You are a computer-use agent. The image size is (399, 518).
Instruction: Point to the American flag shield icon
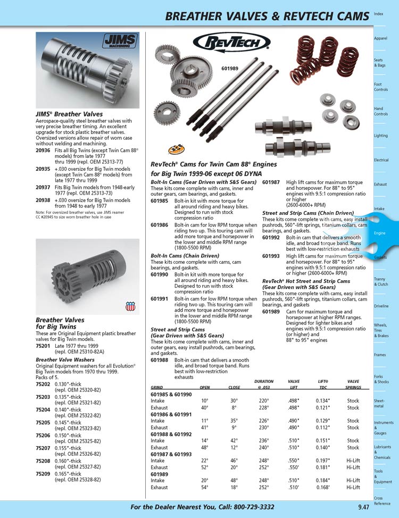(x=130, y=306)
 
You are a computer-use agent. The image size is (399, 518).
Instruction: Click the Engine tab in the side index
(x=380, y=233)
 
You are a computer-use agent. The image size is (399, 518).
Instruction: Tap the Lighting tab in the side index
(x=381, y=136)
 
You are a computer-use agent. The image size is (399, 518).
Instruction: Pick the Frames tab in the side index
(x=380, y=355)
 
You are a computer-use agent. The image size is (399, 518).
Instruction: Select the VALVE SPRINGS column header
(x=353, y=385)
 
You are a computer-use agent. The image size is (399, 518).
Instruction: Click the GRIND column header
(x=156, y=388)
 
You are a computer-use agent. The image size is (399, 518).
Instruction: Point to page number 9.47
(x=363, y=507)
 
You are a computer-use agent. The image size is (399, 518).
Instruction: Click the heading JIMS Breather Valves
(x=69, y=114)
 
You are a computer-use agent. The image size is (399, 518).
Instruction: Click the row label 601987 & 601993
(x=171, y=454)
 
